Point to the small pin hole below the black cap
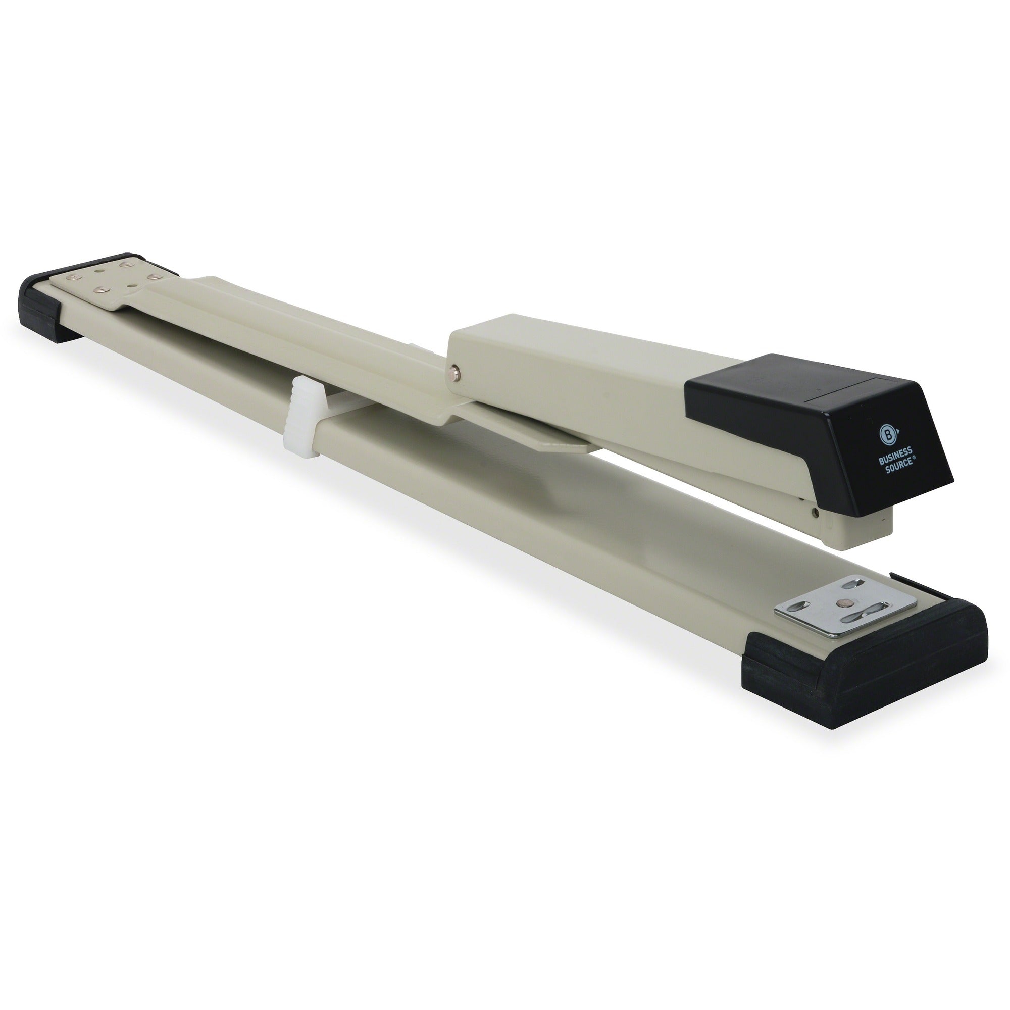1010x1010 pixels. [x=814, y=513]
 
